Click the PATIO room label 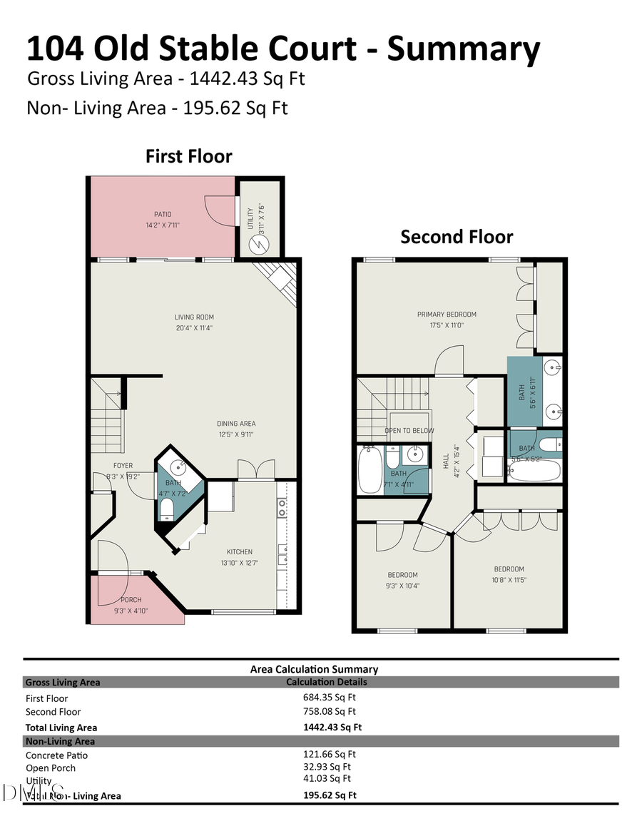pyautogui.click(x=163, y=214)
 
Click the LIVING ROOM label pyautogui.click(x=194, y=317)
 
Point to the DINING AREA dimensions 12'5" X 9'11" pyautogui.click(x=236, y=434)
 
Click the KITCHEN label pyautogui.click(x=240, y=551)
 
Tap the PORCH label pyautogui.click(x=131, y=600)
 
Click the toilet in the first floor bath pyautogui.click(x=166, y=508)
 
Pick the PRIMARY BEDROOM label pyautogui.click(x=447, y=314)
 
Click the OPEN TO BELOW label pyautogui.click(x=409, y=431)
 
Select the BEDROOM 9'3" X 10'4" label pyautogui.click(x=402, y=575)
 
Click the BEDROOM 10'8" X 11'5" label pyautogui.click(x=509, y=569)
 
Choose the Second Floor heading pyautogui.click(x=457, y=237)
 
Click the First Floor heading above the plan pyautogui.click(x=189, y=156)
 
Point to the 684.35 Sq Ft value pyautogui.click(x=330, y=697)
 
